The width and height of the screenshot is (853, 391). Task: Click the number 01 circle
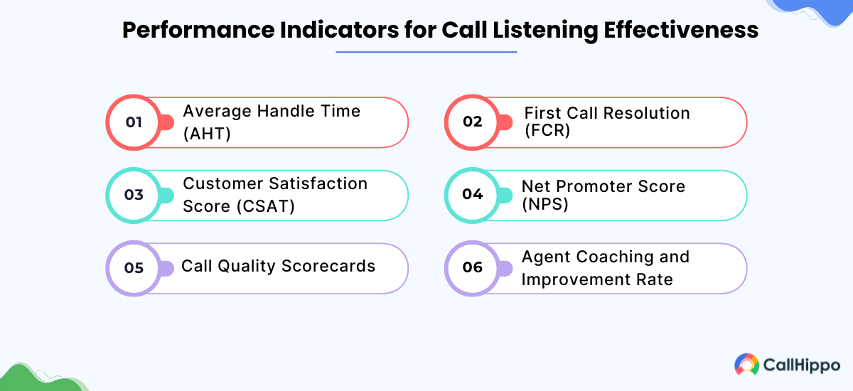(x=134, y=122)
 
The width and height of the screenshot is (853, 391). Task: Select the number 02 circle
(x=473, y=122)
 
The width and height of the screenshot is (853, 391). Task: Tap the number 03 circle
(x=134, y=195)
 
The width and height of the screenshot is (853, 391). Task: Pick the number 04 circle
(x=473, y=195)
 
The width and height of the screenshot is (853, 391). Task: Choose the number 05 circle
(x=134, y=268)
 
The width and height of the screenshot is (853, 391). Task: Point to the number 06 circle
(x=473, y=268)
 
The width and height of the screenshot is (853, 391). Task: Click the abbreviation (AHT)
(x=207, y=133)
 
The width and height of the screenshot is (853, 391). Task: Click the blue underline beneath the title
(x=426, y=52)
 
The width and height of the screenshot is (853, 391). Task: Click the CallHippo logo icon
(x=746, y=365)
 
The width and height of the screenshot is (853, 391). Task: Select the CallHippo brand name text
(x=800, y=365)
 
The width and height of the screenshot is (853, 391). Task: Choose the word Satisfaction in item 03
(x=318, y=183)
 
